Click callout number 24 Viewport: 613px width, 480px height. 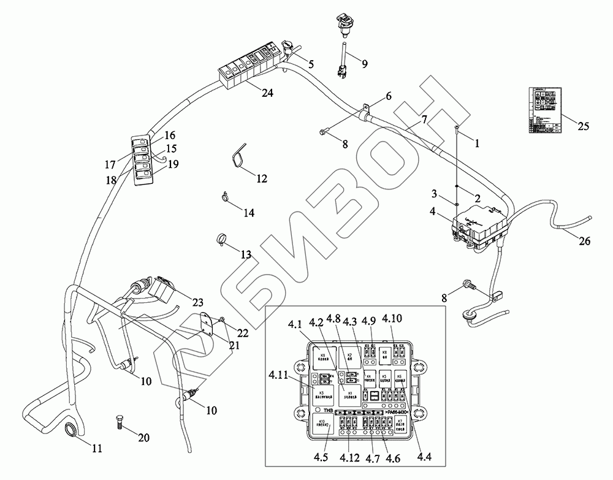(x=267, y=93)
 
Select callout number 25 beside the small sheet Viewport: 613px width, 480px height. (x=583, y=126)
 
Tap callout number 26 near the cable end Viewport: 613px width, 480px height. (x=584, y=241)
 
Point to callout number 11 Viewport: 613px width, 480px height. (x=97, y=449)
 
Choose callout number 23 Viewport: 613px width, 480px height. (x=197, y=302)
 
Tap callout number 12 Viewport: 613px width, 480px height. (x=262, y=179)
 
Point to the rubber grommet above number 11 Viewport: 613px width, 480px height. (x=70, y=430)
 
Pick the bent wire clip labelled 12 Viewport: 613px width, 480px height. (x=240, y=156)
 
